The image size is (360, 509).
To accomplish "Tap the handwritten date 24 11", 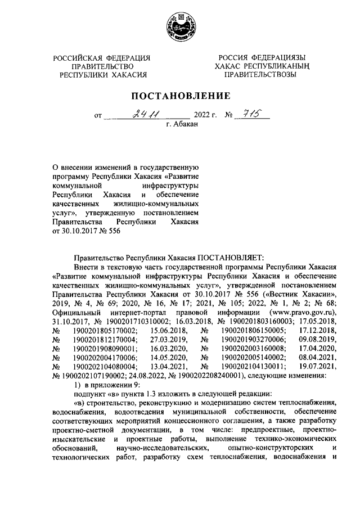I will [x=145, y=115].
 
